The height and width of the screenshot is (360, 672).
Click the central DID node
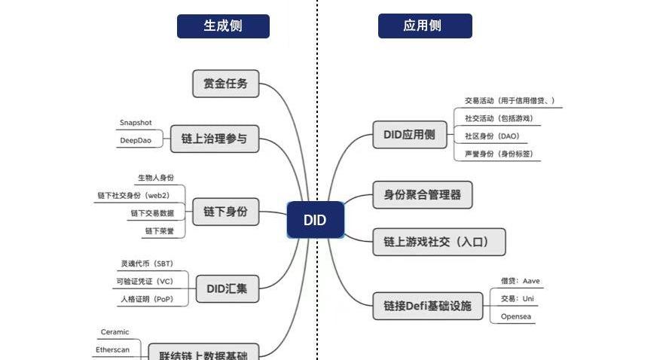click(315, 220)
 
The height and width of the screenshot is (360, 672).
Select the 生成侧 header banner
click(223, 26)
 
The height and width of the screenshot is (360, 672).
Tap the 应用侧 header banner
click(424, 26)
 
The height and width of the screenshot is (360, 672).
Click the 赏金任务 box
click(226, 84)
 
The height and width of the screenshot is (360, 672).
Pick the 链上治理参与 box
click(214, 139)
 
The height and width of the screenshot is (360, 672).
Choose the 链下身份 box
click(225, 212)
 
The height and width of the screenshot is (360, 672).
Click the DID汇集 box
click(227, 288)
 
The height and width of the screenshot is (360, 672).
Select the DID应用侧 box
click(409, 134)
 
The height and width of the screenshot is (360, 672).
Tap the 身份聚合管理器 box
click(423, 195)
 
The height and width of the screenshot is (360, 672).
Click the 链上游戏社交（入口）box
click(439, 242)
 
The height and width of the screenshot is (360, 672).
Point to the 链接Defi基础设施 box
click(427, 306)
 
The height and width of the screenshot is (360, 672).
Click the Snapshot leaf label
click(136, 123)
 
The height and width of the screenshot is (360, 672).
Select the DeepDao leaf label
click(136, 140)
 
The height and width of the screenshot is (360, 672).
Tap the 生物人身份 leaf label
click(156, 178)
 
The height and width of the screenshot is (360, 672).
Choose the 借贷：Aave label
click(521, 281)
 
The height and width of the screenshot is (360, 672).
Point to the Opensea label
click(516, 316)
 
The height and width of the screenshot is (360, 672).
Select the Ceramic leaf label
click(115, 332)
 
